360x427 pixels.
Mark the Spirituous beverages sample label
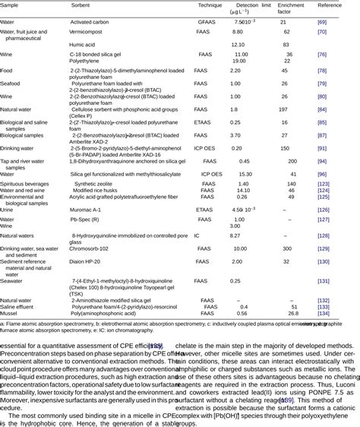click(x=26, y=184)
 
